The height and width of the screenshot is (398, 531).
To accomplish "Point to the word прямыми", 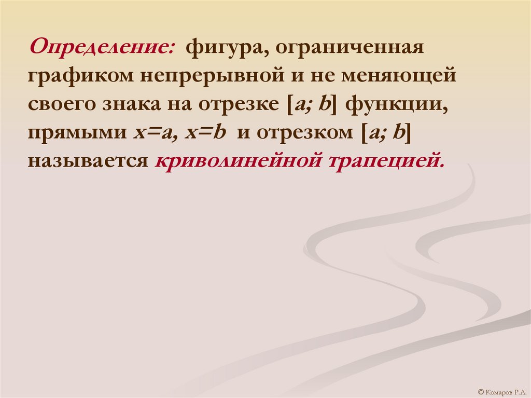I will (x=76, y=132).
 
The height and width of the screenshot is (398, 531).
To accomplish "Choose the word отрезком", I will (x=301, y=132).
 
